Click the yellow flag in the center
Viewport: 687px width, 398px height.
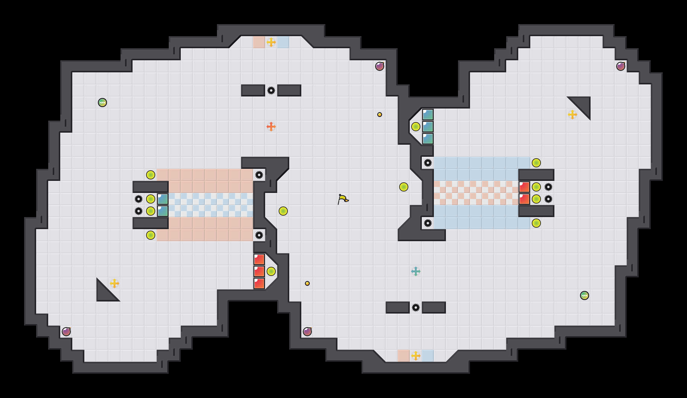coord(343,199)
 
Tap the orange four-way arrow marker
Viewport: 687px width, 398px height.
coord(271,127)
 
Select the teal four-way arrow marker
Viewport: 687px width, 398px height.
coord(416,271)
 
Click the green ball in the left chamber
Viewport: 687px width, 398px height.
coord(102,103)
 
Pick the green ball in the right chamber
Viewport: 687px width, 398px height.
coord(585,295)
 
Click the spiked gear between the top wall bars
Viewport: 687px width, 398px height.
coord(271,90)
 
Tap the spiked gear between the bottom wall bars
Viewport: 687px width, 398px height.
coord(416,308)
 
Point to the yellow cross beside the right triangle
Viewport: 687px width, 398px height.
coord(572,115)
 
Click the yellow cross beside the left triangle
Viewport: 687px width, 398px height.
coord(114,283)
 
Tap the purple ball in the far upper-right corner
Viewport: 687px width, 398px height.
coord(621,66)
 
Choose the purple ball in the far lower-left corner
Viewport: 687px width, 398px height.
coord(66,332)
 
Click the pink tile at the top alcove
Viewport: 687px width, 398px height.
coord(259,42)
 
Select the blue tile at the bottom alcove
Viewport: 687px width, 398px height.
coord(428,356)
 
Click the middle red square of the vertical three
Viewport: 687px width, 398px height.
coord(259,271)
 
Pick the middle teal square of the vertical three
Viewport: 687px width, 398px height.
coord(428,127)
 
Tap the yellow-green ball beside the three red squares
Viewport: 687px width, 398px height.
coord(271,271)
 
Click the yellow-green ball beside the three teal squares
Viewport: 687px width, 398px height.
coord(416,127)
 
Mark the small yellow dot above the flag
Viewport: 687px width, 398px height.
coord(380,115)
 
